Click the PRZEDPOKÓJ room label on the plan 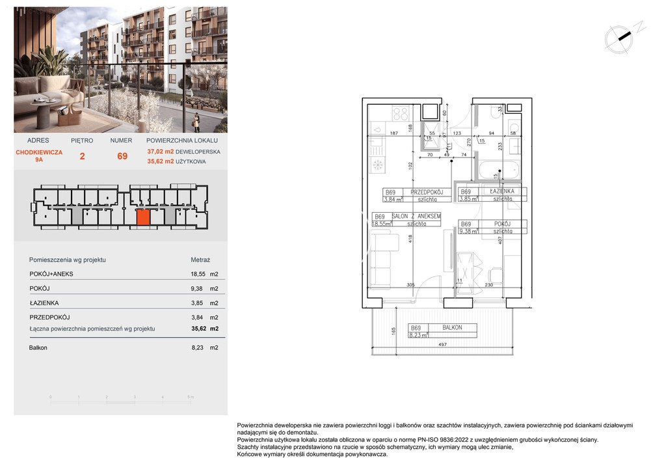[x=428, y=193]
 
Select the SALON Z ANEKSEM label [x=417, y=216]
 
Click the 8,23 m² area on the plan [x=416, y=336]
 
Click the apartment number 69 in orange [x=122, y=156]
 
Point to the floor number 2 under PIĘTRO [x=82, y=156]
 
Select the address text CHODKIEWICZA [x=39, y=152]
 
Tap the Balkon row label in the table [x=38, y=348]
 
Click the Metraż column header [x=200, y=260]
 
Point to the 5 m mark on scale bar [x=190, y=397]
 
